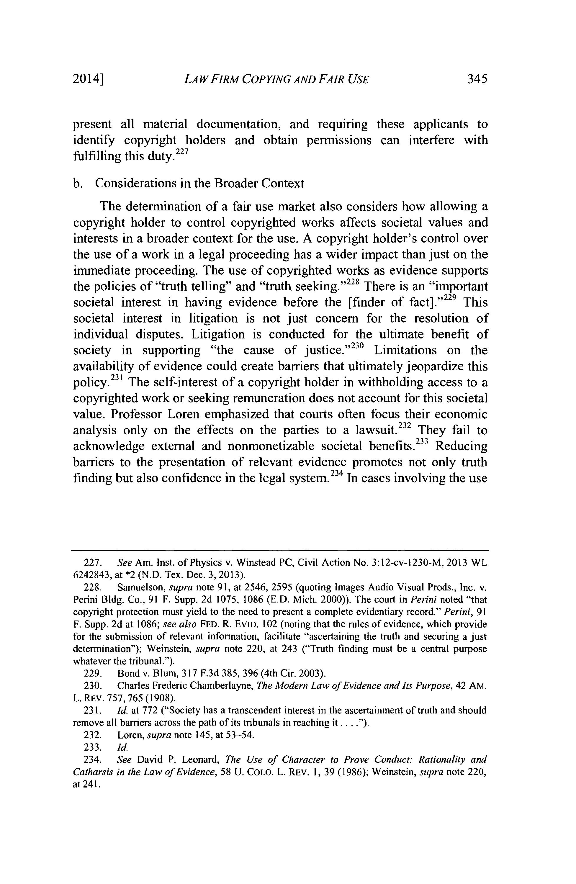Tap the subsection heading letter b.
[x=76, y=184]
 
